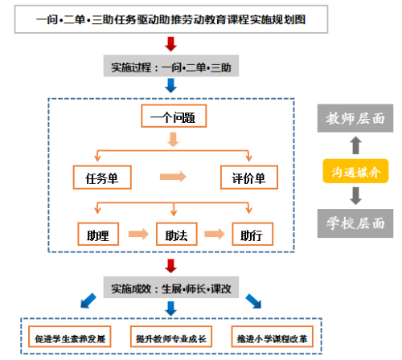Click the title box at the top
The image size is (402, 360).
[x=171, y=19]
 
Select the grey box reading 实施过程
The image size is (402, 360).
[x=171, y=66]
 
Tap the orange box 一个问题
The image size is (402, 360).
[x=174, y=116]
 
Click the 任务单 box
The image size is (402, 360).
[x=102, y=178]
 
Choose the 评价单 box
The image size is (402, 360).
[x=249, y=178]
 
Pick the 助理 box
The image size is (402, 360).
[x=98, y=234]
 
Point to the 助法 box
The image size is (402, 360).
[x=177, y=234]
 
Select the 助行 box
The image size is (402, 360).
[x=252, y=234]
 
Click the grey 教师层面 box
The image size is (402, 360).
[x=355, y=118]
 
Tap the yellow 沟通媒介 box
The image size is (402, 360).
[x=355, y=171]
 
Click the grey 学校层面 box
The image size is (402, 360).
[x=355, y=223]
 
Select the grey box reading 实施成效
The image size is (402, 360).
[x=171, y=288]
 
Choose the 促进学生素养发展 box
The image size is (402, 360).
[x=70, y=337]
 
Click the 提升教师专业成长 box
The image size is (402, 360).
[x=171, y=337]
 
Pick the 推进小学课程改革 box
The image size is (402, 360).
[x=273, y=337]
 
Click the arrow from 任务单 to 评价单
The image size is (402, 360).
[x=173, y=177]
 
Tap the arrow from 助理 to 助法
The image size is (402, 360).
[x=138, y=234]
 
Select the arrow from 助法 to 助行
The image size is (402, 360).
[x=215, y=234]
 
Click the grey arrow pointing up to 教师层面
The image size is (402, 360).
[x=355, y=145]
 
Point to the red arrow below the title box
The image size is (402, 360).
[x=170, y=44]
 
